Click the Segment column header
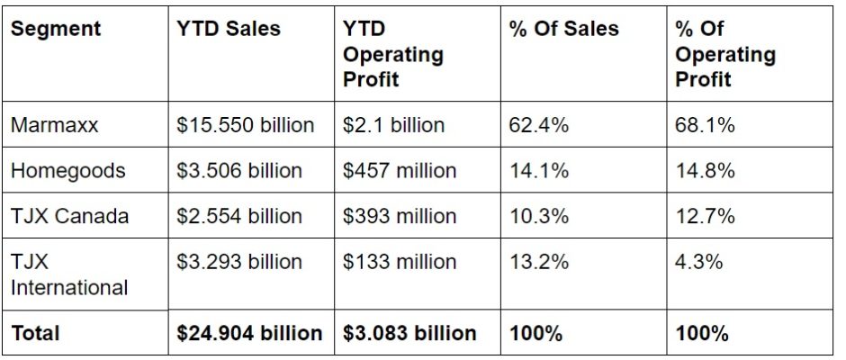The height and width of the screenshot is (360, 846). coord(56,29)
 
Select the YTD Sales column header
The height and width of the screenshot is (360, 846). coord(229,29)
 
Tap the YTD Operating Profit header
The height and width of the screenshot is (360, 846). coord(393,54)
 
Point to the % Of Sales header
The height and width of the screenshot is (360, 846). coord(564,29)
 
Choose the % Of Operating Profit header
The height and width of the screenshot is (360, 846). coord(724,54)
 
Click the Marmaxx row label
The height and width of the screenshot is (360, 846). coord(55,125)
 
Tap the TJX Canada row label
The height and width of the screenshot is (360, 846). coord(69,216)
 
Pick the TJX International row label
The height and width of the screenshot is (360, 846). coord(69,274)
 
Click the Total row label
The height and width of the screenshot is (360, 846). coord(36,333)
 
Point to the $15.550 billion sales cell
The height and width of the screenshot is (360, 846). coord(246,125)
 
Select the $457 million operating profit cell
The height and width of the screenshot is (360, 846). coord(400,170)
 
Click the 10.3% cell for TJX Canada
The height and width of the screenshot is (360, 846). coord(539,216)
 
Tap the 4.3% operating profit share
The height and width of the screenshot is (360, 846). coord(699,262)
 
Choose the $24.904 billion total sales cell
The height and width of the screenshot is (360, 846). coord(249,333)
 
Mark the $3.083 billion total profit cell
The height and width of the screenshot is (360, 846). coord(409,333)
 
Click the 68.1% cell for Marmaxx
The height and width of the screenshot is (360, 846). coord(705,125)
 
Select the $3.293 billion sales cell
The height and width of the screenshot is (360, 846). coord(239,262)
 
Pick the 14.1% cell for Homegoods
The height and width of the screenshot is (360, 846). coord(539,170)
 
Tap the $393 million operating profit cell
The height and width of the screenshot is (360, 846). coord(400,216)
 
